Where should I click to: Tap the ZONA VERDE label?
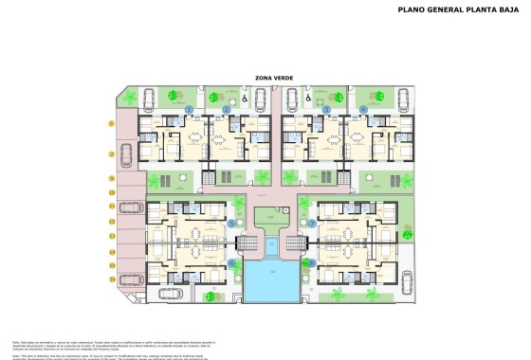(x=270, y=79)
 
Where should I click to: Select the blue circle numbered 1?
(x=189, y=110)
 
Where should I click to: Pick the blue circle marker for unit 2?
(x=227, y=110)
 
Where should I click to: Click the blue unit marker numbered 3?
(x=326, y=110)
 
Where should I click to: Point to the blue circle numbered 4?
(x=363, y=110)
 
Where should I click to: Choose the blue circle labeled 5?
(x=230, y=224)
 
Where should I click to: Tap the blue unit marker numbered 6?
(x=230, y=262)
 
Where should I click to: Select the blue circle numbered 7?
(x=312, y=224)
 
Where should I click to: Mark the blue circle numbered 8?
(x=312, y=262)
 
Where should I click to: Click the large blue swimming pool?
(x=270, y=279)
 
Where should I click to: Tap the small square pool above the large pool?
(x=271, y=244)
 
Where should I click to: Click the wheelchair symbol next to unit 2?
(x=245, y=96)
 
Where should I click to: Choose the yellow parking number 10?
(x=112, y=192)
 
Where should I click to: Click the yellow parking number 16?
(x=112, y=279)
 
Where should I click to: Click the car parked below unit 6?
(x=169, y=294)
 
